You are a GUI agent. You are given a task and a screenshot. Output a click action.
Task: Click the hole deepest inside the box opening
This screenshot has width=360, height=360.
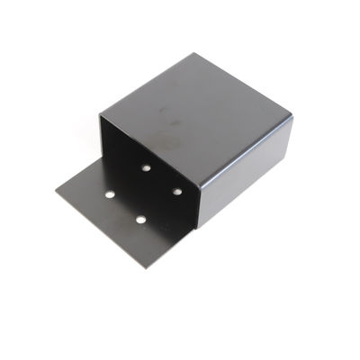click(145, 167)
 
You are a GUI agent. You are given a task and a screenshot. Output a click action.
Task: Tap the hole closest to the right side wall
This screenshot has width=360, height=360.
click(177, 191)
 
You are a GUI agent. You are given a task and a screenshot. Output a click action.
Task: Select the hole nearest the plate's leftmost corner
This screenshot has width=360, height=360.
click(109, 193)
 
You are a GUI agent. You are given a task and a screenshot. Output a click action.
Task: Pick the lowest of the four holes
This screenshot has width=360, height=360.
click(141, 219)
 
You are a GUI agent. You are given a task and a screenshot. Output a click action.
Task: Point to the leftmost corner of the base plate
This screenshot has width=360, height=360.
click(56, 190)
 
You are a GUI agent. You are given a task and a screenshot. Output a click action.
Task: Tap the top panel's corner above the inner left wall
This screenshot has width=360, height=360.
click(100, 114)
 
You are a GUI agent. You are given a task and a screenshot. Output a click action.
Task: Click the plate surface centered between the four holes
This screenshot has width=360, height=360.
click(143, 193)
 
